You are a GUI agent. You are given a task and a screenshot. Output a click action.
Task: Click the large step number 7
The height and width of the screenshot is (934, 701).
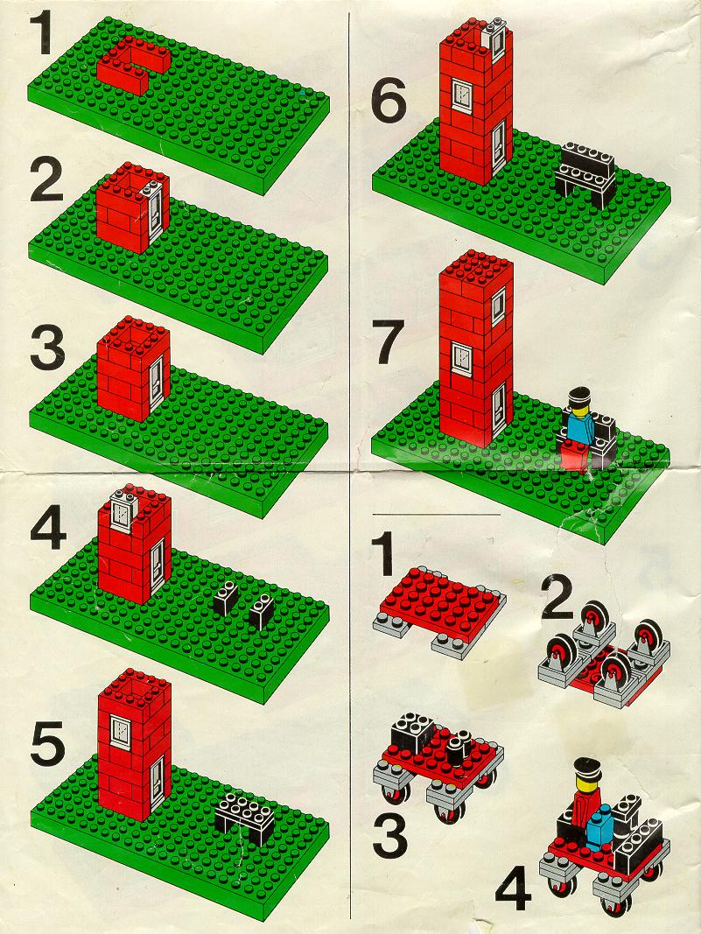click(390, 341)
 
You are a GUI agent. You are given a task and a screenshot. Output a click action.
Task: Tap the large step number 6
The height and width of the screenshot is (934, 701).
click(389, 100)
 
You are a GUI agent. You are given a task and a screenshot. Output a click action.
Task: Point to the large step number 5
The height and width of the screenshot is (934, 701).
click(47, 743)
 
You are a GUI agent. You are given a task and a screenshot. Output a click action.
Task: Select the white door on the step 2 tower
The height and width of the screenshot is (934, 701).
click(155, 212)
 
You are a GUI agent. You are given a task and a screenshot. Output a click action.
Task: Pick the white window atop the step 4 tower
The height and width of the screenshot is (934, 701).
click(125, 510)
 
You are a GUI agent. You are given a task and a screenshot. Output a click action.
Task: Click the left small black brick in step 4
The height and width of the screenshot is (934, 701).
click(227, 598)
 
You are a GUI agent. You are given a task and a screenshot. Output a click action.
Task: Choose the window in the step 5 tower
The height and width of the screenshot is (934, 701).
click(121, 731)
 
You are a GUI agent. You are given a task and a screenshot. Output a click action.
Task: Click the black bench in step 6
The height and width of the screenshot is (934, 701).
click(586, 174)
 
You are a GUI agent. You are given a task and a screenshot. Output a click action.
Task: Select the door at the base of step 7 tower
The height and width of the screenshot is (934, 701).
click(499, 408)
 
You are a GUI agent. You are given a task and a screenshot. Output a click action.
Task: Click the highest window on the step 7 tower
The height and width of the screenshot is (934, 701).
click(499, 306)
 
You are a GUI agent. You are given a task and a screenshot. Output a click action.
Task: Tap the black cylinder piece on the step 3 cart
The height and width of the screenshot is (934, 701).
click(458, 748)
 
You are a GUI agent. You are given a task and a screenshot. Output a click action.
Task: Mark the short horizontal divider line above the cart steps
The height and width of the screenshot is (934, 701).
click(436, 514)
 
